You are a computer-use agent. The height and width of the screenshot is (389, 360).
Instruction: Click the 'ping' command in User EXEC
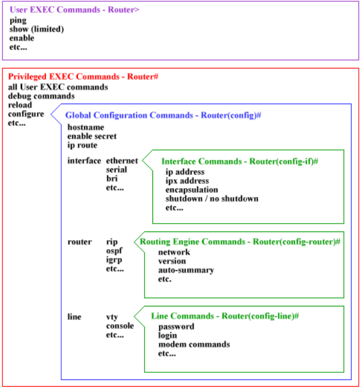coord(18,20)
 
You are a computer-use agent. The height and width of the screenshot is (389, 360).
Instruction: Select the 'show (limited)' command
coord(37,29)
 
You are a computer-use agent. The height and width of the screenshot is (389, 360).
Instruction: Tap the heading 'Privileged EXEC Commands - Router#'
coord(82,77)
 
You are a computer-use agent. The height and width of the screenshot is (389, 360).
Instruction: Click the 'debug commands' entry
coord(41,96)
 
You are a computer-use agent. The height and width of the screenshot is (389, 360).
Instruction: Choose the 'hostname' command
coord(86,127)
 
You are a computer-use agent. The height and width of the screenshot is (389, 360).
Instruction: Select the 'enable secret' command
coord(92,136)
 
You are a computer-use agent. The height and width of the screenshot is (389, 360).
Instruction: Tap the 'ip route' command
coord(82,145)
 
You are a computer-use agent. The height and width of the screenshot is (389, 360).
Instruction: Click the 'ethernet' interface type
coord(122,161)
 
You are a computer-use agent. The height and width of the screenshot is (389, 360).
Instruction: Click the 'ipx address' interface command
coord(187,181)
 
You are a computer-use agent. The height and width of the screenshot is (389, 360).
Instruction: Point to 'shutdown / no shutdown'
coord(212,199)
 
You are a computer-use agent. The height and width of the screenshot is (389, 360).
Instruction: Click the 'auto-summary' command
coord(186,270)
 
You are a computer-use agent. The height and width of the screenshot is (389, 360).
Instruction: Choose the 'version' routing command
coord(171,261)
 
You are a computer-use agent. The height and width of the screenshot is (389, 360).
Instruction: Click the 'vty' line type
coord(112,317)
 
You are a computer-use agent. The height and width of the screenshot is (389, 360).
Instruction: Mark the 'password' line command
coord(176,327)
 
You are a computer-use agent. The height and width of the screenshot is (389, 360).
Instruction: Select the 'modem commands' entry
coord(193,344)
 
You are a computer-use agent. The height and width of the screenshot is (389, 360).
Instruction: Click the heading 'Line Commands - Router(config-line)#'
coord(224,316)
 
